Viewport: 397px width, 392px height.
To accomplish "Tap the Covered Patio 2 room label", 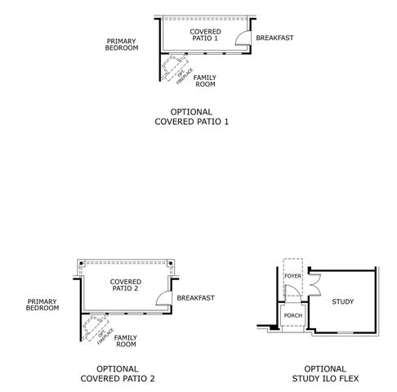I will point(124,284).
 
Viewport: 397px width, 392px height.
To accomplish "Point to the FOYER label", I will point(292,276).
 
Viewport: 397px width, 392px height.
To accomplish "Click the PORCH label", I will point(292,315).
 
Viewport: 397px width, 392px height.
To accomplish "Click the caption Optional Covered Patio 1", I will point(192,117).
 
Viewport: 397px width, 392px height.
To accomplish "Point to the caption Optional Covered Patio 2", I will point(117,373).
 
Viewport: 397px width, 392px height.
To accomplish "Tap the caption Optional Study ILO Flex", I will point(319,373).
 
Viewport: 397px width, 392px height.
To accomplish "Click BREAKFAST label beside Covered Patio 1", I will point(274,38).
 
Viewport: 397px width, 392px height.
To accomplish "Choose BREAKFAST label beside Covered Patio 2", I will point(195,298).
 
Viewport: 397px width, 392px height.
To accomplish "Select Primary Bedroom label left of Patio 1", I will point(122,44).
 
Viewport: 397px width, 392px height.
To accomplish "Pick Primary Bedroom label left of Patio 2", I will point(42,305).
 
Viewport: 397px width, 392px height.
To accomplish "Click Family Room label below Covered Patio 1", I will point(205,80).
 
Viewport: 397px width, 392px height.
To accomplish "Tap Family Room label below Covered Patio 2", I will point(126,341).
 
